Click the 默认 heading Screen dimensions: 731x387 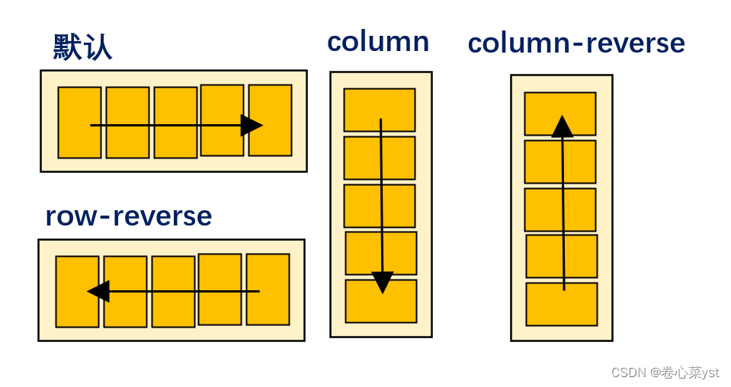pyautogui.click(x=82, y=47)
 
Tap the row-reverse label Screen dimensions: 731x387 pyautogui.click(x=128, y=216)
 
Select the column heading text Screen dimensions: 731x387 pyautogui.click(x=378, y=41)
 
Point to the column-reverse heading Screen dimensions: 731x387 pyautogui.click(x=576, y=43)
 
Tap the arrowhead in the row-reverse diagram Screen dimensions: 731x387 pyautogui.click(x=98, y=291)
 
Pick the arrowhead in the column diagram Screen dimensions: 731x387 pyautogui.click(x=382, y=282)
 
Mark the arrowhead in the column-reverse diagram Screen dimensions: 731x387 pyautogui.click(x=563, y=126)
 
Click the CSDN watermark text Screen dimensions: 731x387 pyautogui.click(x=665, y=373)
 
